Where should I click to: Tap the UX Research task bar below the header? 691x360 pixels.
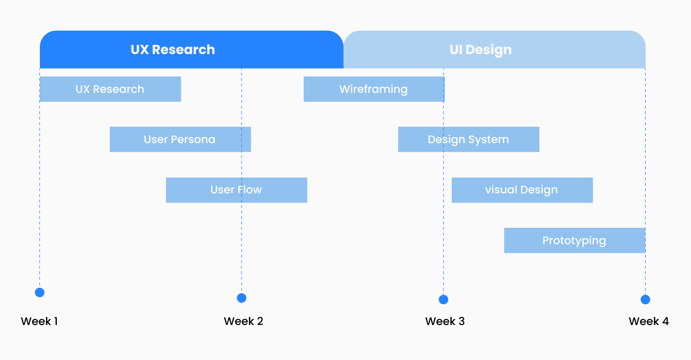[x=110, y=89]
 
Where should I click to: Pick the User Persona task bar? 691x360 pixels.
[x=180, y=139]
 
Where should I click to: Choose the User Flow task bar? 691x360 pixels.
[x=237, y=190]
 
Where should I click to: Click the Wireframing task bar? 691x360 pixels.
[x=374, y=89]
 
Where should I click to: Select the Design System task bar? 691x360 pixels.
[x=469, y=139]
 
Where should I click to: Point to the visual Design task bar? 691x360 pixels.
[x=522, y=190]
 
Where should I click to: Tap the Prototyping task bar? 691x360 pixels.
[x=575, y=240]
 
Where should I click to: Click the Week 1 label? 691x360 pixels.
[x=39, y=321]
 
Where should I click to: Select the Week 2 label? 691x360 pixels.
[x=244, y=321]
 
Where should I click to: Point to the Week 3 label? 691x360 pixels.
[x=445, y=321]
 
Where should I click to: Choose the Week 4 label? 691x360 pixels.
[x=649, y=321]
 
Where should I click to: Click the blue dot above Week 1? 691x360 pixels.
[x=39, y=292]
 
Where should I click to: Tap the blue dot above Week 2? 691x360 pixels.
[x=241, y=298]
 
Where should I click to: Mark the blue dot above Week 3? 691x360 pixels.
[x=444, y=299]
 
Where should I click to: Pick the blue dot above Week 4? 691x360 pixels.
[x=645, y=299]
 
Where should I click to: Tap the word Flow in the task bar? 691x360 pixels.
[x=249, y=190]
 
